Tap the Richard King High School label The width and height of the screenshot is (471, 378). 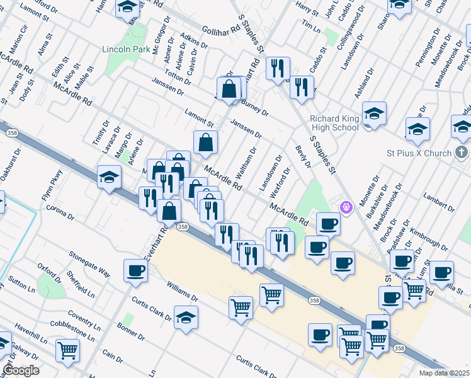tap(334, 123)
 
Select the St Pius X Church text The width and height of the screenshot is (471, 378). tap(419, 153)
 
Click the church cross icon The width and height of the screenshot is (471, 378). tap(462, 152)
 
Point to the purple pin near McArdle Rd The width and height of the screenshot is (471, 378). tap(345, 207)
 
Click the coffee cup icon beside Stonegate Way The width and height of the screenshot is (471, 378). tap(135, 271)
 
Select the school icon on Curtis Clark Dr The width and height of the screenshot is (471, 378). tap(186, 318)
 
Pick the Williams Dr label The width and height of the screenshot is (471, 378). tap(182, 291)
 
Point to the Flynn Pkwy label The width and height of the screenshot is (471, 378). tap(52, 185)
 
